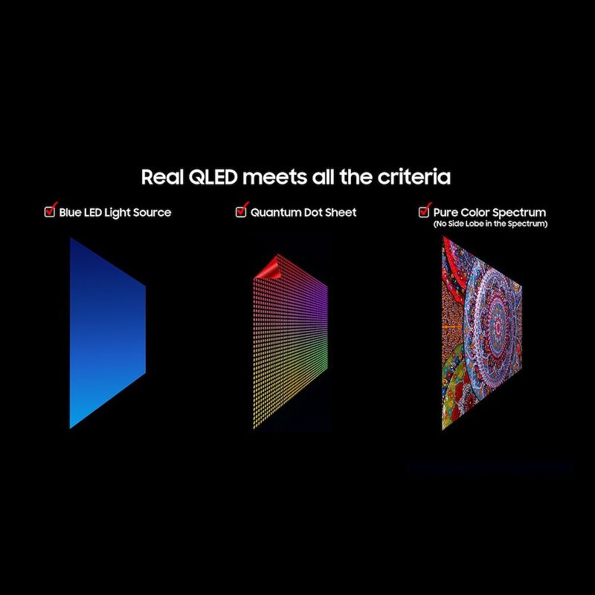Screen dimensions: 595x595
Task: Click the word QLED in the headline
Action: (213, 177)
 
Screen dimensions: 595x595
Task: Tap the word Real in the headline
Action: (162, 177)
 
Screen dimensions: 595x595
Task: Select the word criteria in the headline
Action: (414, 177)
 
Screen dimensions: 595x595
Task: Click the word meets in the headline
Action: (274, 178)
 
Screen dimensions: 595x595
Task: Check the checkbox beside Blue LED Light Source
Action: (50, 211)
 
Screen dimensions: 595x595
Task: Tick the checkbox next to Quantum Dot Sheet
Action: (241, 211)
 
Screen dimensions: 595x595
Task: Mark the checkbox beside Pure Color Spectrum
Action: (424, 211)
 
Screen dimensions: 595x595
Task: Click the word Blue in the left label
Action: (70, 213)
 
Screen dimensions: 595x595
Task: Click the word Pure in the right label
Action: (445, 213)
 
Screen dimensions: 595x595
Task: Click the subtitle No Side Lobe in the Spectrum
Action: (490, 224)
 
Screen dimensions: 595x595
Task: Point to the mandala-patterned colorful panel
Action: (481, 333)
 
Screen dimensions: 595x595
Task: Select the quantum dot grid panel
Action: (290, 341)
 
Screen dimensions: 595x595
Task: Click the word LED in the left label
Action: (92, 213)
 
